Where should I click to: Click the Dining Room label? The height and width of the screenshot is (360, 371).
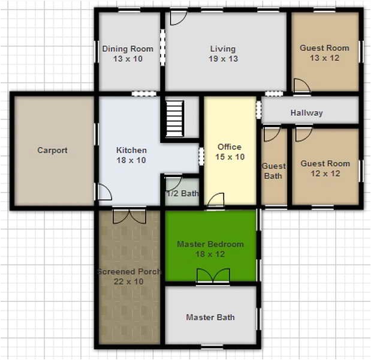128,49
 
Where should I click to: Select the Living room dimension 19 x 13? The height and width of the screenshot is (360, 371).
222,59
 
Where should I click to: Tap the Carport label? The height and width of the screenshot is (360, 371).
52,151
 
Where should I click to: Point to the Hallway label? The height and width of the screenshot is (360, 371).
306,113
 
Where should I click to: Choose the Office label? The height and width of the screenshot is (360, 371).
230,146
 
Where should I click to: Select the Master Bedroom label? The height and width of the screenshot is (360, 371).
210,244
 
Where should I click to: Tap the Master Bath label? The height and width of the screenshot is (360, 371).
210,317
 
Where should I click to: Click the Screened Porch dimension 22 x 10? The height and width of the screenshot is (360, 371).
129,281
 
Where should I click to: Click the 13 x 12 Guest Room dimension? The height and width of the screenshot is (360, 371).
324,58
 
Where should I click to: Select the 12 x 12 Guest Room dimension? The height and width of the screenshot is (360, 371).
325,173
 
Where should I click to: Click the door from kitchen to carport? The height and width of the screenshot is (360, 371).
103,193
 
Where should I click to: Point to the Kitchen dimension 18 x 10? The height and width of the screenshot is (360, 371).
131,160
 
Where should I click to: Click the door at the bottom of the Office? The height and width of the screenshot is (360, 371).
216,200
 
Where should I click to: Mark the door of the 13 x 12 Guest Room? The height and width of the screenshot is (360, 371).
301,86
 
